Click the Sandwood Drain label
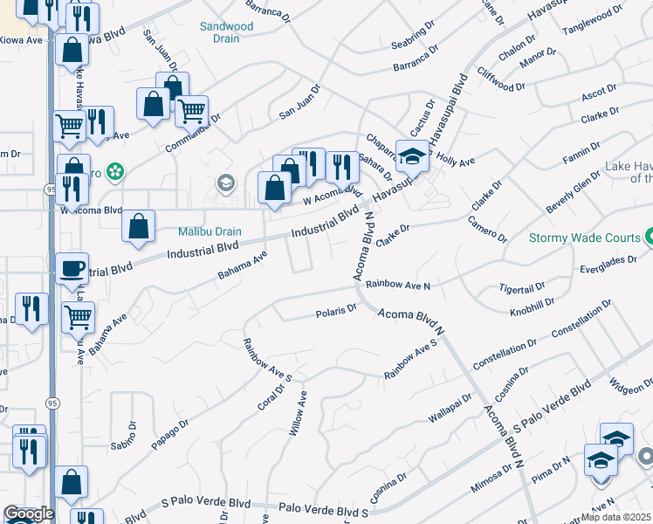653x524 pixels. pyautogui.click(x=226, y=32)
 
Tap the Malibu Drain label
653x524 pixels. pyautogui.click(x=210, y=231)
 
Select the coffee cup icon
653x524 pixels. pyautogui.click(x=72, y=268)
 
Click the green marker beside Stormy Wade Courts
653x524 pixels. pyautogui.click(x=649, y=237)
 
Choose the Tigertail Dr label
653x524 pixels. pyautogui.click(x=521, y=286)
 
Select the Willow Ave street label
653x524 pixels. pyautogui.click(x=299, y=413)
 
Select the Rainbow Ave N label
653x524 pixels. pyautogui.click(x=398, y=285)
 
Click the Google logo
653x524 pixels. pyautogui.click(x=29, y=514)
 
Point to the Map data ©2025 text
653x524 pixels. pyautogui.click(x=616, y=517)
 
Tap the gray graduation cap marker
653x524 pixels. pyautogui.click(x=225, y=183)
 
